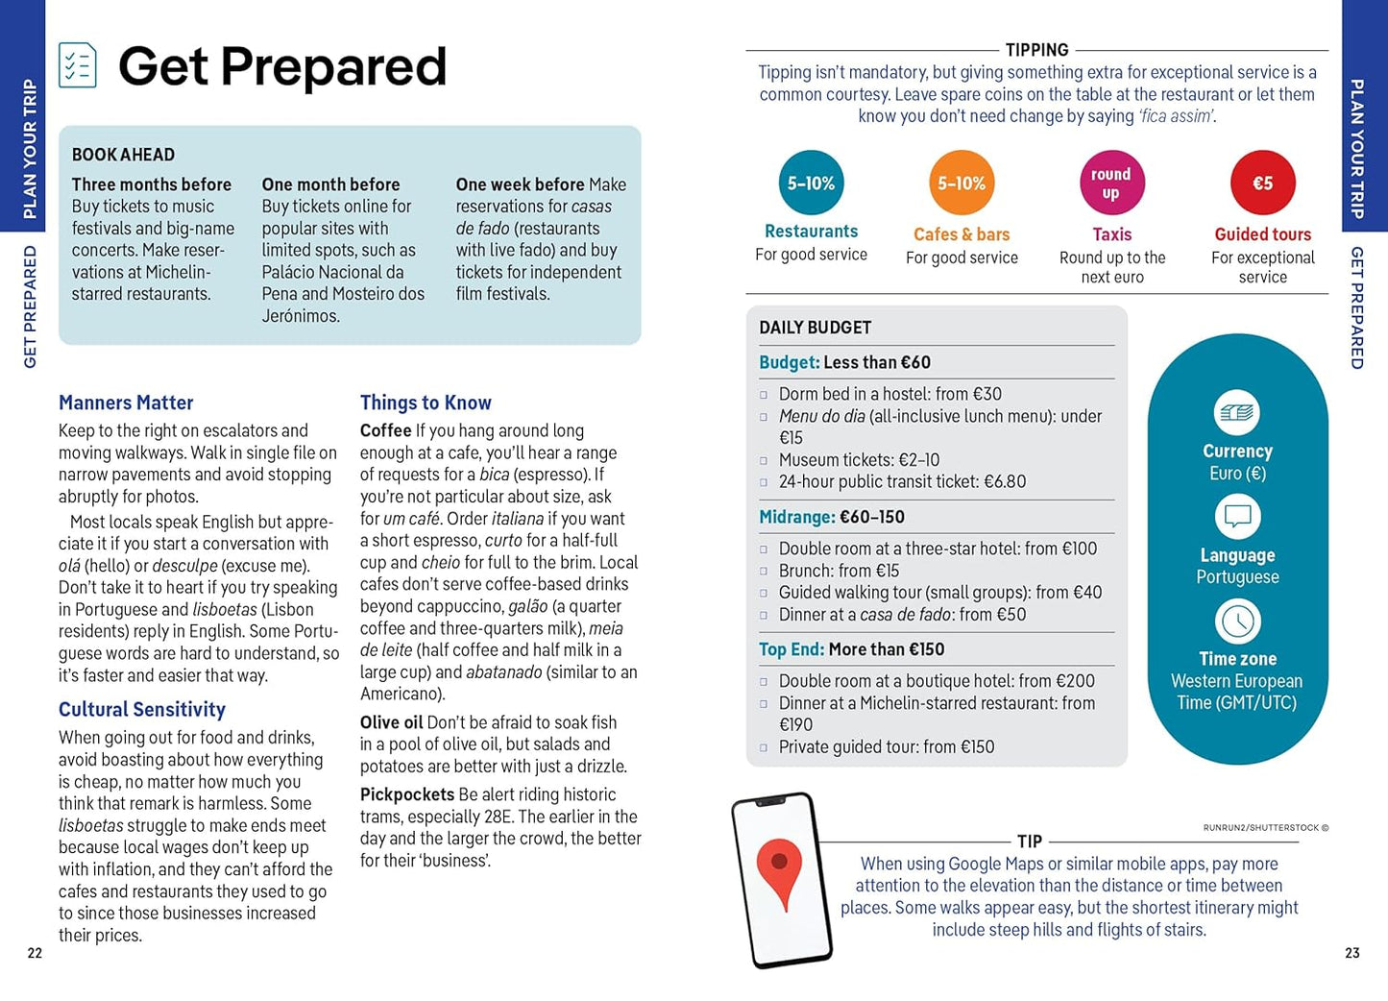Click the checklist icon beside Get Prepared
coord(77,65)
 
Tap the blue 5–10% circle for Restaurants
coord(811,183)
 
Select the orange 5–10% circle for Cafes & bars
coord(962,183)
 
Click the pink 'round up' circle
coord(1111,183)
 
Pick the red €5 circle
coord(1262,183)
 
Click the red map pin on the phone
coord(780,870)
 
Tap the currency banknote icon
coord(1237,413)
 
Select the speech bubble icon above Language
coord(1237,517)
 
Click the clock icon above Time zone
coord(1237,622)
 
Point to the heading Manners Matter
coord(126,403)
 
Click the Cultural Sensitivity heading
coord(142,709)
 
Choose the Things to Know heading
coord(426,403)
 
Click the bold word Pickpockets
coord(407,794)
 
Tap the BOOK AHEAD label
coord(123,155)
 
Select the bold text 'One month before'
coord(330,184)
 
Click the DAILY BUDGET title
coord(815,328)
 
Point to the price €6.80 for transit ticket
coord(1005,481)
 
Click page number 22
coord(35,953)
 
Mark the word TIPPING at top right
coord(1036,50)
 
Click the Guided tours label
coord(1262,234)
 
